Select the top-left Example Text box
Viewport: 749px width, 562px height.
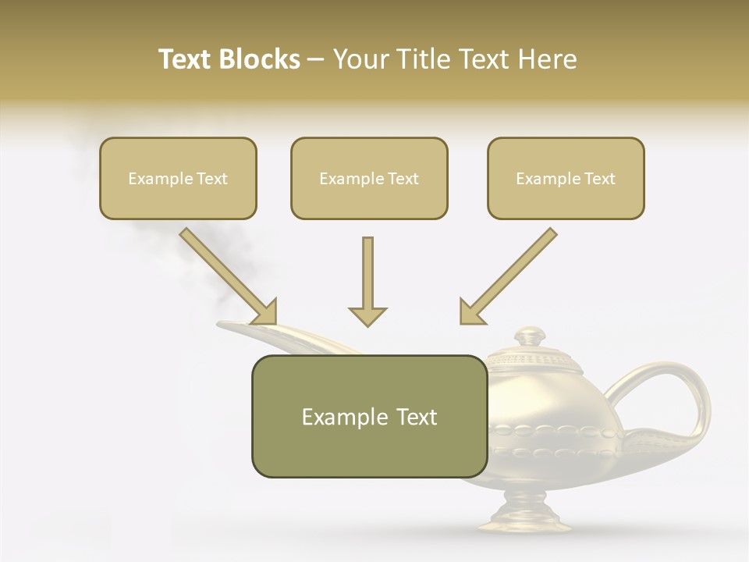tap(178, 178)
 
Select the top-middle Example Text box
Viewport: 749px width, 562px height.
tap(369, 178)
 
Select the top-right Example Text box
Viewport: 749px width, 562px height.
tap(566, 178)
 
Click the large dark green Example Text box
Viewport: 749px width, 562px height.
tap(369, 416)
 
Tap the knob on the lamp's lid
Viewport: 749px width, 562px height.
tap(531, 336)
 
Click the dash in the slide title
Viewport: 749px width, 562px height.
tap(316, 59)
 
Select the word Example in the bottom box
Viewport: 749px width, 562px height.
tap(336, 417)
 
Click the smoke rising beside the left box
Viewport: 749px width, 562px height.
tap(164, 242)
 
